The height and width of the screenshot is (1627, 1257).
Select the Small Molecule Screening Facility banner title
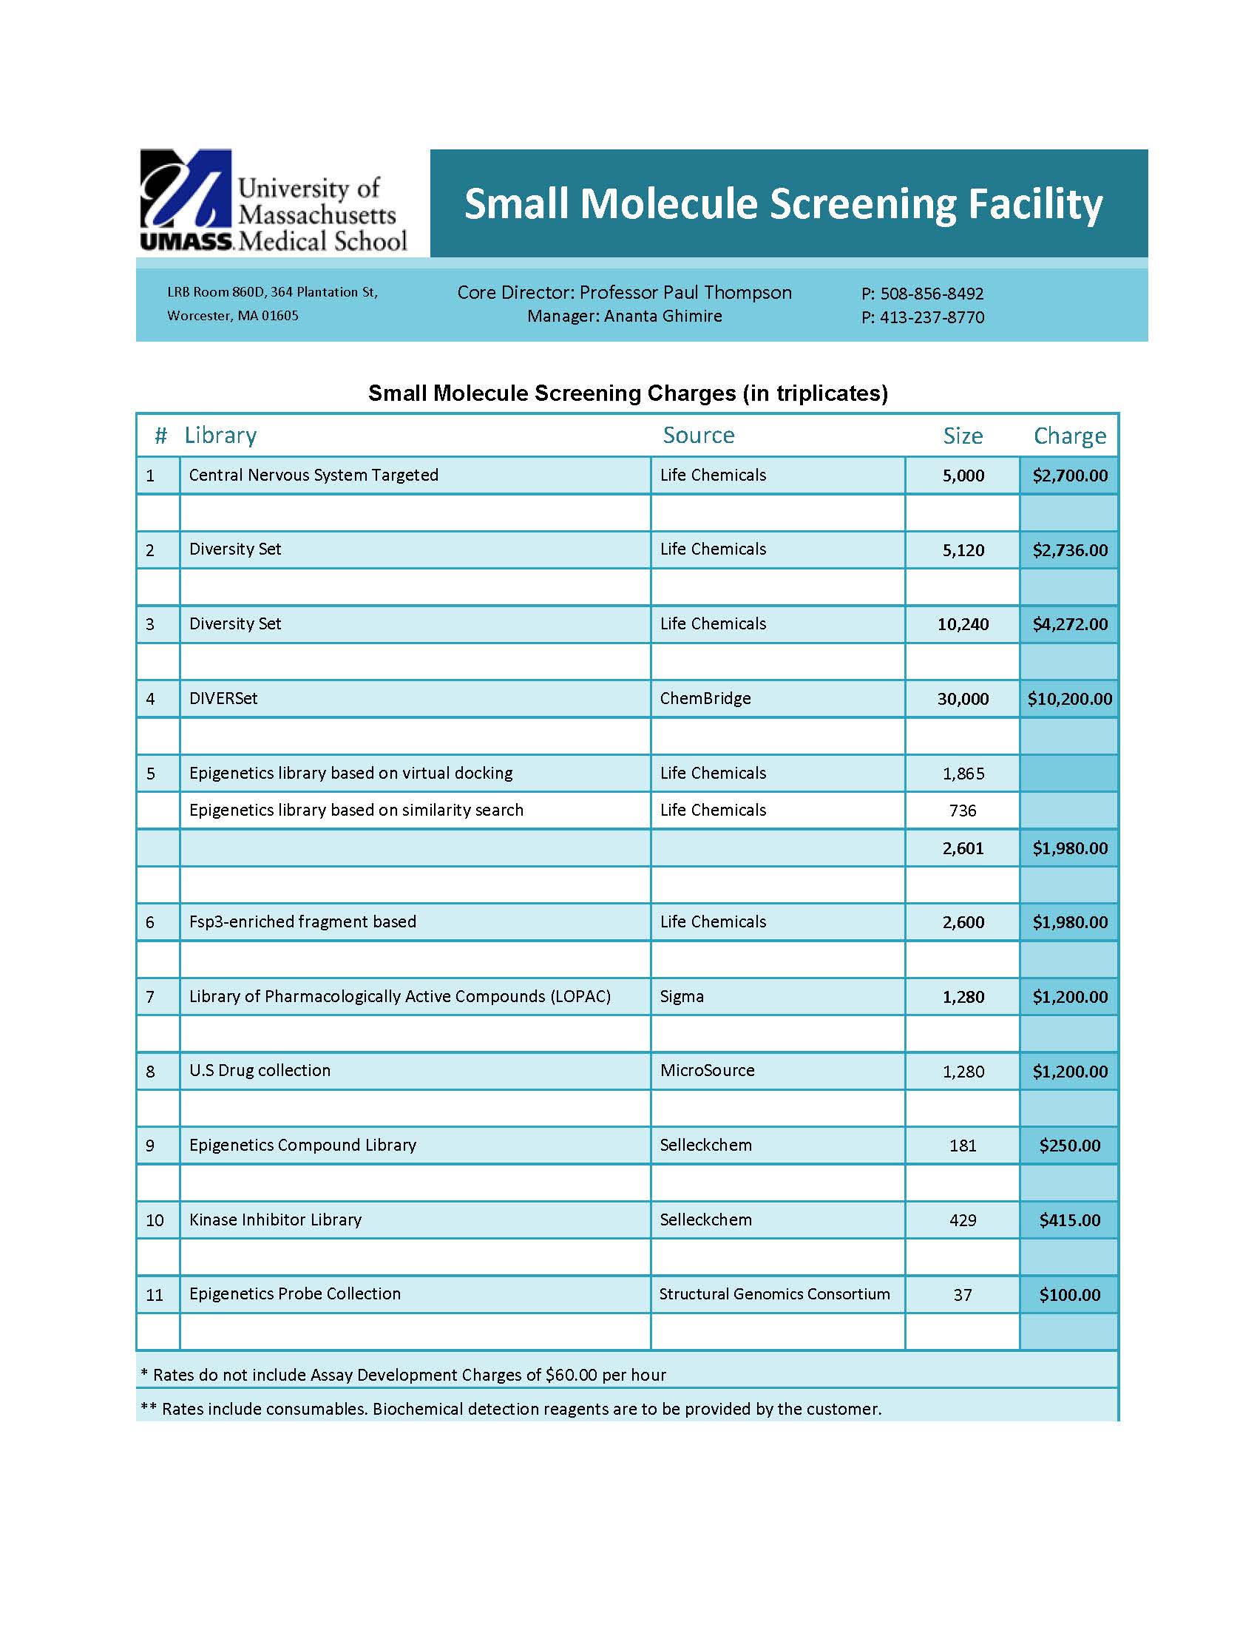[782, 204]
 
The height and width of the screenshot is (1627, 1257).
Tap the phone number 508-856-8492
[932, 294]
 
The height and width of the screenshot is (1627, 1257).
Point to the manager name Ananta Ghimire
[663, 316]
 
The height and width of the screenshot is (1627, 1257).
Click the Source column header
[698, 435]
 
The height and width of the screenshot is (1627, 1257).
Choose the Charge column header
[1069, 436]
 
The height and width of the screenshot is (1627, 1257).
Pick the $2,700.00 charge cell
[1069, 476]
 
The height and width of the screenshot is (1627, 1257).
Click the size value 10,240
[963, 624]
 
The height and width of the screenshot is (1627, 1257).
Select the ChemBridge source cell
[705, 699]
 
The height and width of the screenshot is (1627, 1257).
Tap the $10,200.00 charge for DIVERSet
[1069, 699]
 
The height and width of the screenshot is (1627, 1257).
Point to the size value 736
[963, 811]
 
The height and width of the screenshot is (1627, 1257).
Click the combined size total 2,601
[963, 848]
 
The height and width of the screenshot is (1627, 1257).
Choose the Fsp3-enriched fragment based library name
[302, 922]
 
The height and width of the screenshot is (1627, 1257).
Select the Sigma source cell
[682, 997]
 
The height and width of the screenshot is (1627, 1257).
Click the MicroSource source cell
[707, 1071]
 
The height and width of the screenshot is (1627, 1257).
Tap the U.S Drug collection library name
[259, 1071]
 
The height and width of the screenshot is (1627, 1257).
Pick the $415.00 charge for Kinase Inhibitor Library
[1069, 1220]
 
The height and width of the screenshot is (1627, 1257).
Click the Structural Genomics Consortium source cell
[774, 1294]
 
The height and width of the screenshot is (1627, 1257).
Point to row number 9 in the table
[150, 1146]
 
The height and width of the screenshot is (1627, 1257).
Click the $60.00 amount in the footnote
[571, 1376]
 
